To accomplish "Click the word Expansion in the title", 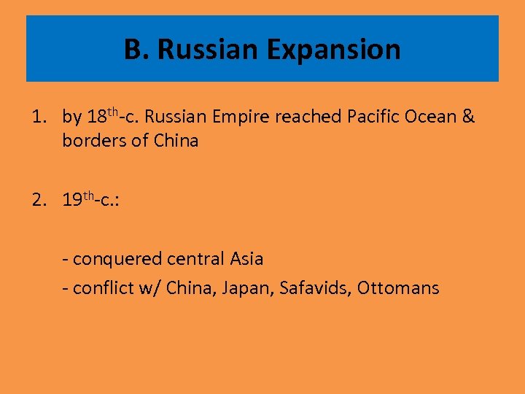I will tap(333, 50).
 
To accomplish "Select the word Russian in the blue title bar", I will tap(208, 50).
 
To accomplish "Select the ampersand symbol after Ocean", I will tap(468, 117).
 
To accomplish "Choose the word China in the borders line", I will tap(176, 141).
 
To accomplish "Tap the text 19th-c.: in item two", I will tap(91, 200).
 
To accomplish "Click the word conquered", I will tap(117, 259).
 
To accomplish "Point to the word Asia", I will tap(246, 259).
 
